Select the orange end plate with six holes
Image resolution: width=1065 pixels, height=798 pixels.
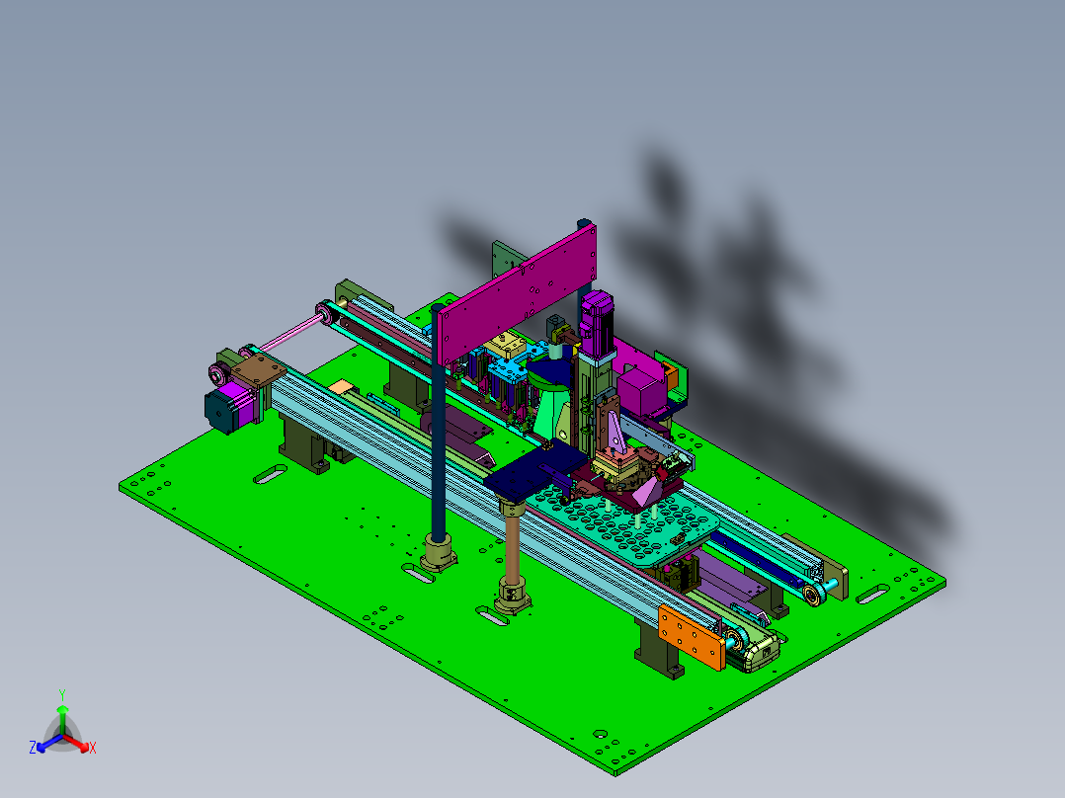click(x=691, y=637)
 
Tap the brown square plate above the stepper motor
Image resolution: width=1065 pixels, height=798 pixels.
click(x=259, y=370)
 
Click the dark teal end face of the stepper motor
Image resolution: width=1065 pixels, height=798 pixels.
click(x=218, y=409)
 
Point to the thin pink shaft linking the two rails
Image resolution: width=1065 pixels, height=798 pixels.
click(x=287, y=333)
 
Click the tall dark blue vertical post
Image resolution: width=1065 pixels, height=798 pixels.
click(x=438, y=421)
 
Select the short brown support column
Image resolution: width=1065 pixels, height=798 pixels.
click(x=512, y=547)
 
